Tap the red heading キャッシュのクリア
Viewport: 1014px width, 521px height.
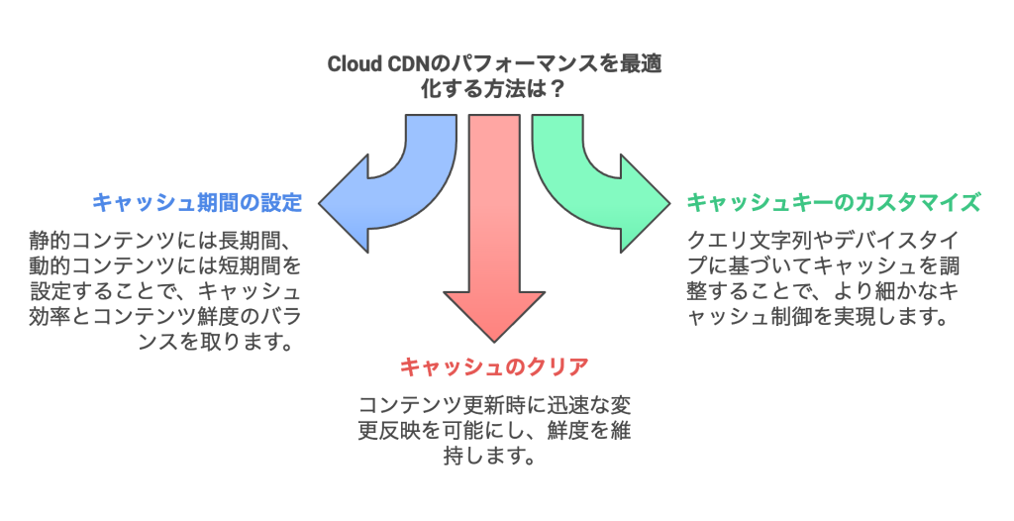494,367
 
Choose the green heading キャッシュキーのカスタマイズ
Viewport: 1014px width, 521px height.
834,203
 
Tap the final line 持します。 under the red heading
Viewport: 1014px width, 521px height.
494,458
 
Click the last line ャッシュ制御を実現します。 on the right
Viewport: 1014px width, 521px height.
818,318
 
